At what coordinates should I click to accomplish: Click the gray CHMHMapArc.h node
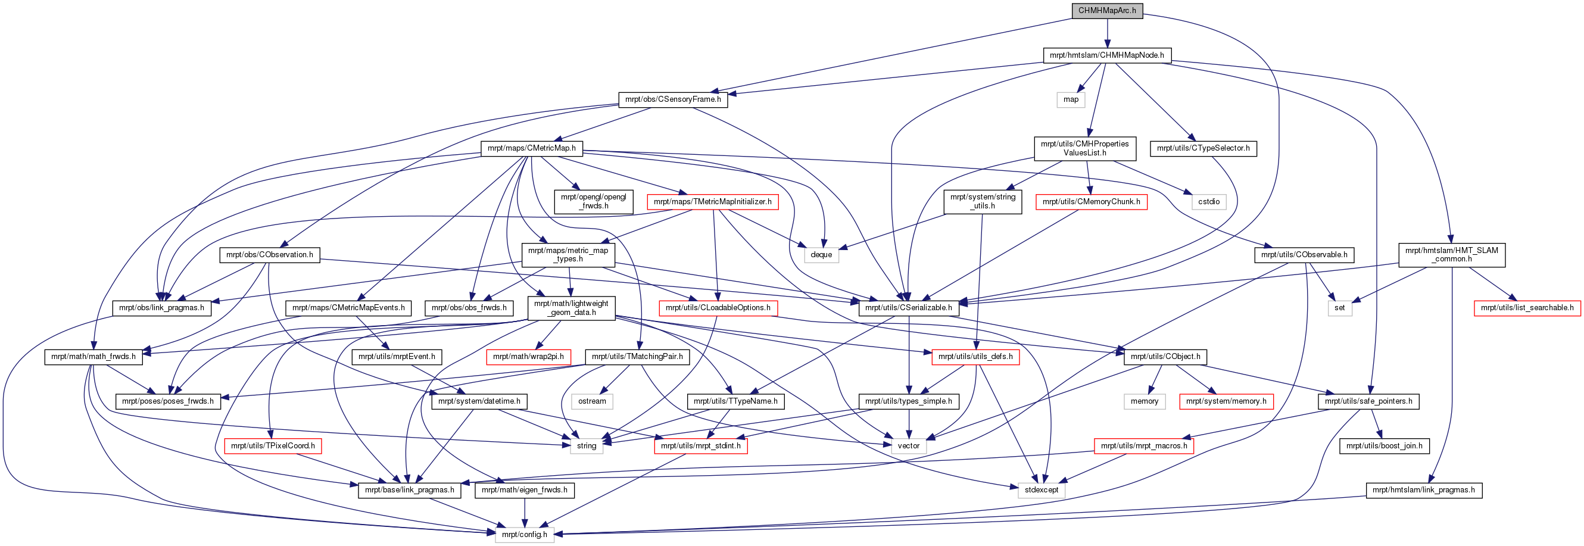tap(1107, 11)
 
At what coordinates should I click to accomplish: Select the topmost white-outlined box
tap(1071, 99)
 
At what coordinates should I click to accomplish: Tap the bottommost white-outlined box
tap(525, 535)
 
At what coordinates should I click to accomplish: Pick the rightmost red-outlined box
tap(1527, 308)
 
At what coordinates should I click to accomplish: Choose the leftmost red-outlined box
tap(272, 447)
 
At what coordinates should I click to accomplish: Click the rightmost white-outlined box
tap(1340, 308)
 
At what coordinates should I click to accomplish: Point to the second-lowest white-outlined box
tap(1041, 491)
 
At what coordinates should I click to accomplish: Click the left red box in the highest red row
tap(712, 202)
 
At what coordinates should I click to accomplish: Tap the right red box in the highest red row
tap(1091, 202)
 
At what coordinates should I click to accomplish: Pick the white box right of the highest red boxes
tap(1208, 202)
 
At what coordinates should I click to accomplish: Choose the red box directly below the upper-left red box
tap(718, 308)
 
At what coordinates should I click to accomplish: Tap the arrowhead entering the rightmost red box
tap(1512, 298)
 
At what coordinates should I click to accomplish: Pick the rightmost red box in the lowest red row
tap(1144, 447)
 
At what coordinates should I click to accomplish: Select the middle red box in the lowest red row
tap(700, 447)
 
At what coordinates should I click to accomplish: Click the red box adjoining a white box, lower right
tap(1226, 401)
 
